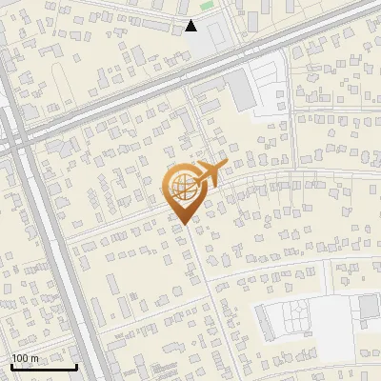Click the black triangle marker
(x=191, y=26)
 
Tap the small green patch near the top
(x=207, y=6)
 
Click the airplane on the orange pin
(x=210, y=175)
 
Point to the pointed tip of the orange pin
(x=182, y=224)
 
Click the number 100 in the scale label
(x=20, y=357)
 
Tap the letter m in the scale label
(x=34, y=357)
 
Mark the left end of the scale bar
(x=11, y=367)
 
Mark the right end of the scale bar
(x=76, y=367)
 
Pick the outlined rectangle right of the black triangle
(x=216, y=31)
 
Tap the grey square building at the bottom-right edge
(x=369, y=307)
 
